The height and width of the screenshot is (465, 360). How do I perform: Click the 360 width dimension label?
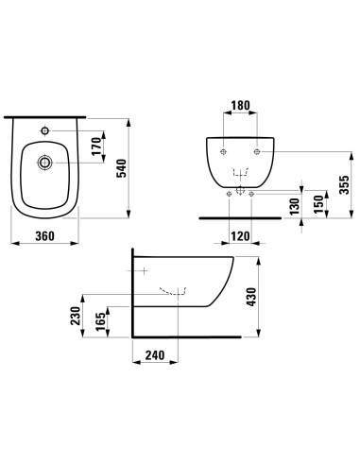(44, 235)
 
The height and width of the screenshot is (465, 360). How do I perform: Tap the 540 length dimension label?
(122, 168)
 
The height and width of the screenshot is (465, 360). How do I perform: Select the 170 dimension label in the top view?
(96, 146)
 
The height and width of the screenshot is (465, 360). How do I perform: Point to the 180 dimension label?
(240, 105)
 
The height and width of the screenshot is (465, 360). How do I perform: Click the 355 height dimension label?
(345, 185)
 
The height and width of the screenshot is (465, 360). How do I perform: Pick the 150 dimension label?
(318, 204)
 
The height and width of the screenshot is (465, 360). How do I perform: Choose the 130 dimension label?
(295, 206)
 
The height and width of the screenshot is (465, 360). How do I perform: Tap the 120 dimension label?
(240, 236)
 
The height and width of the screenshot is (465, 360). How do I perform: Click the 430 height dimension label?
(251, 297)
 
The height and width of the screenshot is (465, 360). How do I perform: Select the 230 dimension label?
(76, 316)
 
